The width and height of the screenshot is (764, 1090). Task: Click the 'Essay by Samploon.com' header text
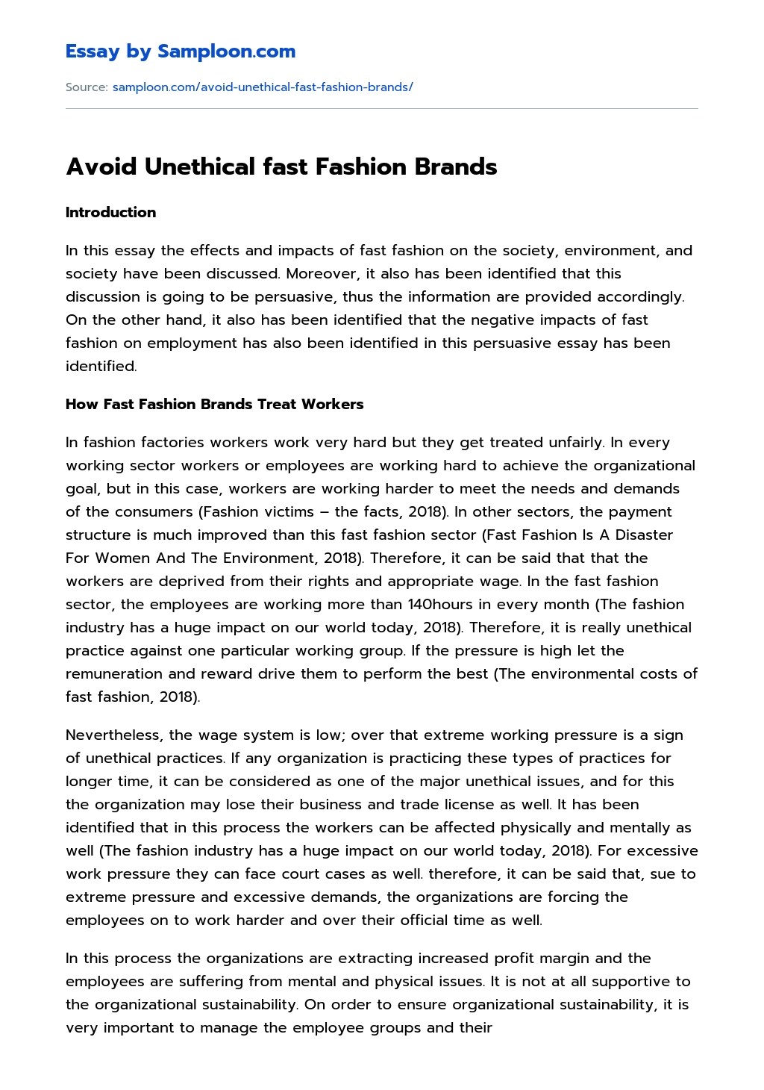[x=181, y=52]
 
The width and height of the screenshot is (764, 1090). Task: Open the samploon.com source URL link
[x=262, y=87]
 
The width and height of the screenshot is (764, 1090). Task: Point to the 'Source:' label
[x=87, y=87]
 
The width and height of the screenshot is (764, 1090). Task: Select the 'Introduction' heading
[x=110, y=213]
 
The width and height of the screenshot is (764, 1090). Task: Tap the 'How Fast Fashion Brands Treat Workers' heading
[x=214, y=405]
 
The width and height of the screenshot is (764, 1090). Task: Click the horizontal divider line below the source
[x=381, y=109]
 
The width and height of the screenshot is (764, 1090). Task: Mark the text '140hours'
[x=437, y=605]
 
